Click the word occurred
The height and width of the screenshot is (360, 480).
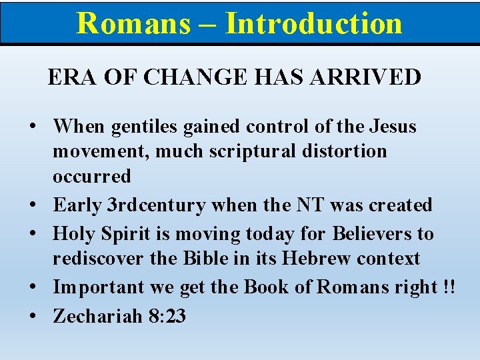92,176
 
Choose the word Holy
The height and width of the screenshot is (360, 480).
74,233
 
